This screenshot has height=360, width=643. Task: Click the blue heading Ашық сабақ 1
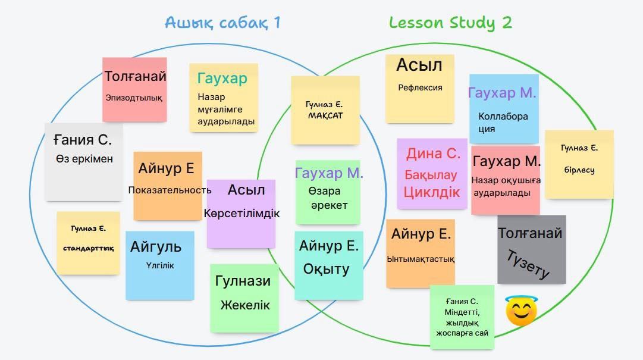222,23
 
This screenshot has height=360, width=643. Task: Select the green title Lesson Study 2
450,23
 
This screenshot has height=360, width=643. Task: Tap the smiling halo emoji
521,311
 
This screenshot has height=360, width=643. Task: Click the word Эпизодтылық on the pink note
134,98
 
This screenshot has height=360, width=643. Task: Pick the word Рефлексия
420,87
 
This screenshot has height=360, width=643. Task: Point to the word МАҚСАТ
325,115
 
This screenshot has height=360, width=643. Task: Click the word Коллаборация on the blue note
503,122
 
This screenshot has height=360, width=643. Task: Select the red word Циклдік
432,192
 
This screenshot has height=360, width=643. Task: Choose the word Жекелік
245,305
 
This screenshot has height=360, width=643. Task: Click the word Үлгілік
160,265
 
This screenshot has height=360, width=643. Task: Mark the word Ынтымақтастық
421,259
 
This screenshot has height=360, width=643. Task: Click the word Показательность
170,190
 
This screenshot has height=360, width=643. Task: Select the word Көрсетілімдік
241,213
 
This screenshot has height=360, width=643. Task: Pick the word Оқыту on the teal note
326,269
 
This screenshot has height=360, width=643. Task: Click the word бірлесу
579,170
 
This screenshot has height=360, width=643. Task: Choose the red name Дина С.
433,154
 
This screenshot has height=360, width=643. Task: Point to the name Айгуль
156,247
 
